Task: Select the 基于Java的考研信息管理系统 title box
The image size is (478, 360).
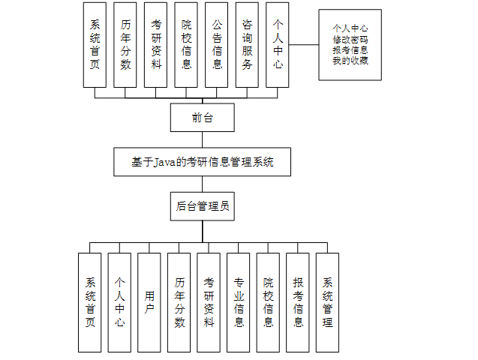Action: [202, 161]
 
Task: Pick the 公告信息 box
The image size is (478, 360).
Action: [217, 45]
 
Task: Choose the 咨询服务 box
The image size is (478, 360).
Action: [248, 45]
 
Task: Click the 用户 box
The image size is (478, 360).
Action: [149, 302]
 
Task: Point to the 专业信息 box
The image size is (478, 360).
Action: [239, 302]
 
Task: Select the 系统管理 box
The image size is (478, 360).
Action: [328, 302]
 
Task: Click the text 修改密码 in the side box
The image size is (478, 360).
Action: [350, 39]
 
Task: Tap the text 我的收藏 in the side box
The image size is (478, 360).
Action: [350, 61]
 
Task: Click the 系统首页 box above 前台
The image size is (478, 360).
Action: [95, 45]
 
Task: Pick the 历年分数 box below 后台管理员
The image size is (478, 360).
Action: [179, 302]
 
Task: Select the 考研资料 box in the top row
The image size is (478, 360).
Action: [156, 45]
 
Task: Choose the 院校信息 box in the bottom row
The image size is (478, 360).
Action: [269, 302]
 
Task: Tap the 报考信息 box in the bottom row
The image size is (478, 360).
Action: [298, 302]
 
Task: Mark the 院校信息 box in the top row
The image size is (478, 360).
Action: [187, 45]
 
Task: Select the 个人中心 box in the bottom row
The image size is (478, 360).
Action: [119, 302]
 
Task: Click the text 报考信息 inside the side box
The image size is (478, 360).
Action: [350, 50]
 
